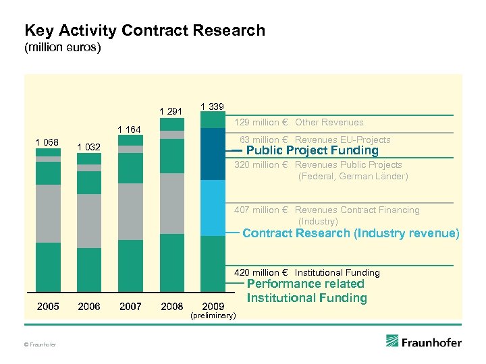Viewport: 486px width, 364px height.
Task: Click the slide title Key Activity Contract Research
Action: coord(144,31)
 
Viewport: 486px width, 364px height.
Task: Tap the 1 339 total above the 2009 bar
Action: coord(213,107)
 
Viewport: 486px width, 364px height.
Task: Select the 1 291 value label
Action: coord(171,111)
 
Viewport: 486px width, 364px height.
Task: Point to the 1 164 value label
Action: coord(130,129)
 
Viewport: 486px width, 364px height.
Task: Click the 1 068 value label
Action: coord(47,142)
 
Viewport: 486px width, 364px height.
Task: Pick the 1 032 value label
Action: coord(89,147)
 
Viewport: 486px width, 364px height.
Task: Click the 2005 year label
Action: coord(47,306)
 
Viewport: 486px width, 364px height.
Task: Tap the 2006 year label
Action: coord(89,306)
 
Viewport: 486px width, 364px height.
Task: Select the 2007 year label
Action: coord(130,306)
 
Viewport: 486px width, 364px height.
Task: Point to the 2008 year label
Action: coord(171,306)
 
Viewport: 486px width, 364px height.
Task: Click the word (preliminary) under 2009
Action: coord(213,315)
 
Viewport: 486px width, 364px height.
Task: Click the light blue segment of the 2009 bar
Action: coord(213,208)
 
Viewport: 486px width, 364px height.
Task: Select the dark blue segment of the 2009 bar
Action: coord(213,154)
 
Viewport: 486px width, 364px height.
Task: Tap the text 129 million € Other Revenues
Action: coord(299,122)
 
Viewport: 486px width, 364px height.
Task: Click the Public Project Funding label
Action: coord(312,150)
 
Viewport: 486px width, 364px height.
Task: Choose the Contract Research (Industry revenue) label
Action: coord(350,233)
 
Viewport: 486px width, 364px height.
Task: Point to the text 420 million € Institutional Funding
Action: coord(306,272)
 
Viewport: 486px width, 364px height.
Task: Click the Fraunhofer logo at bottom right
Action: coord(424,342)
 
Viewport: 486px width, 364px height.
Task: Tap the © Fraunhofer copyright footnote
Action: coord(40,345)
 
